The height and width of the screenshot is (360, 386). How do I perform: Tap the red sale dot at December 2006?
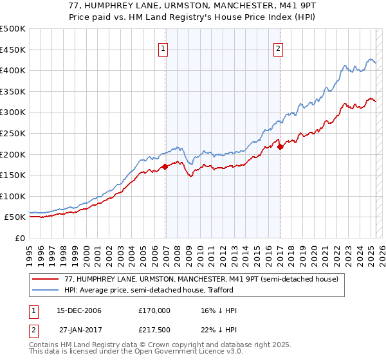(165, 166)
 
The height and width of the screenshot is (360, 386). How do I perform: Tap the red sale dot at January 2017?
(280, 147)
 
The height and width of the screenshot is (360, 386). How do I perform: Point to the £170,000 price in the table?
(154, 310)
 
